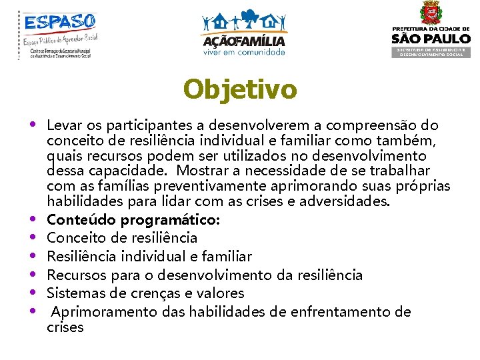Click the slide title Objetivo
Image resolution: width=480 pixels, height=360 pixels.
[240, 89]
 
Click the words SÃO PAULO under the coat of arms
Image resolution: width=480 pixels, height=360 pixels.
[431, 39]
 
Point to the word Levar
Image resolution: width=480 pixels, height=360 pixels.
[65, 125]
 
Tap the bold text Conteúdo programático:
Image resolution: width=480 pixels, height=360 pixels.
[133, 219]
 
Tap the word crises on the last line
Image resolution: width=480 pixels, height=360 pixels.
[65, 327]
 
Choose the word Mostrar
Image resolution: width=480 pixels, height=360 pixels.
[196, 171]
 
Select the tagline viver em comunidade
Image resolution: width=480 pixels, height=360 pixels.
[244, 51]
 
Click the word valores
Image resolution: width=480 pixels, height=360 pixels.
[223, 293]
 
